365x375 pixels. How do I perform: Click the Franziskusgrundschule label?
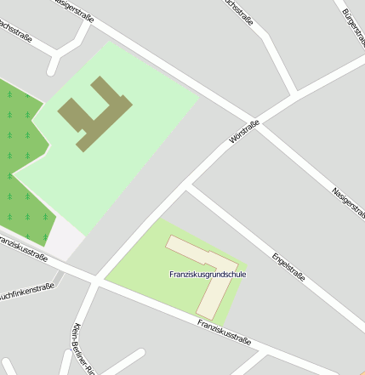208,274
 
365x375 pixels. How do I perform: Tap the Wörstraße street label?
244,132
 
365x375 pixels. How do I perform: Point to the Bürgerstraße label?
353,25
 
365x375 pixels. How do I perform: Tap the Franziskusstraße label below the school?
224,332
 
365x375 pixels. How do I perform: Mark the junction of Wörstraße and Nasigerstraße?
256,119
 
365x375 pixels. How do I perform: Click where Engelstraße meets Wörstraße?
189,186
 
